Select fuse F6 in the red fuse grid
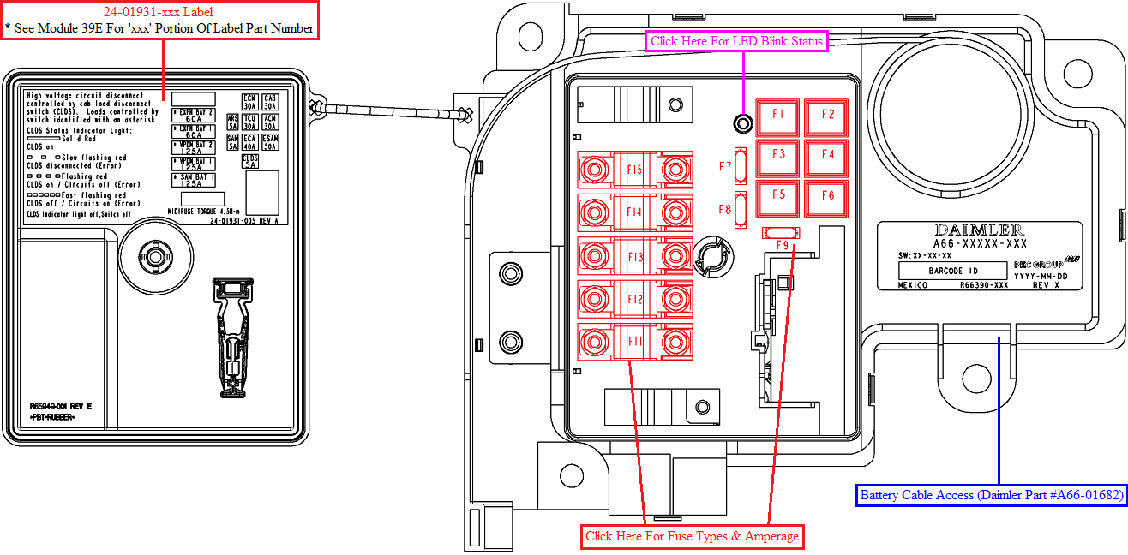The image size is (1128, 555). click(827, 196)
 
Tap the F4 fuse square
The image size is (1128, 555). click(827, 156)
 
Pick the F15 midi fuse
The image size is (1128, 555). click(634, 170)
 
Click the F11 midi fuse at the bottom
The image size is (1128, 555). click(634, 342)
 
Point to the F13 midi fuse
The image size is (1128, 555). click(634, 256)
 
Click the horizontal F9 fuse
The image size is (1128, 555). click(781, 233)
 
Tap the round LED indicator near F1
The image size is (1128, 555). click(743, 124)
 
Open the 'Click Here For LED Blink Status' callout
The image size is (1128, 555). click(736, 41)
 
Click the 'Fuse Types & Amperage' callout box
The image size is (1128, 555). click(692, 537)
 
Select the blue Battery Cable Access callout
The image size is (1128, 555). click(991, 495)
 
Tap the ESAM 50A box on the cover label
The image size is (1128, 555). click(270, 142)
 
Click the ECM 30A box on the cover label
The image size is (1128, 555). click(249, 102)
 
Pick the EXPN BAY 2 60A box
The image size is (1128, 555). click(193, 116)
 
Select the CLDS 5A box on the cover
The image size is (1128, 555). click(250, 161)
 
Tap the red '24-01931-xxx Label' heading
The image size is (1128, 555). click(159, 12)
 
